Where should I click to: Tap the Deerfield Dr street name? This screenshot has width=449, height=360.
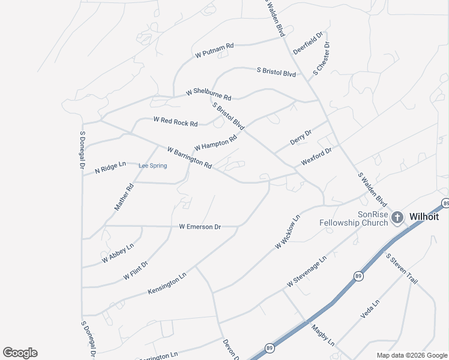tap(308, 43)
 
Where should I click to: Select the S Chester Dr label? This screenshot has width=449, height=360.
tap(321, 59)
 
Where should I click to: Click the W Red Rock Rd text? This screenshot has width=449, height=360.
tap(175, 121)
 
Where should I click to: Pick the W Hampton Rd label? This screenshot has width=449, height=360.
tap(215, 143)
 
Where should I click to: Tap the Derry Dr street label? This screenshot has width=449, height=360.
tap(301, 138)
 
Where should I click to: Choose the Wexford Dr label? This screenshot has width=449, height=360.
tap(316, 157)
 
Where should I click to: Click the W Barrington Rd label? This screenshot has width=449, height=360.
tap(189, 157)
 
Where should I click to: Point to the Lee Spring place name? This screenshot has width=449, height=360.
tap(152, 166)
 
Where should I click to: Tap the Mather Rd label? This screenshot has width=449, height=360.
tap(124, 197)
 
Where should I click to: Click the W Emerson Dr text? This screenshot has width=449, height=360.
tap(200, 226)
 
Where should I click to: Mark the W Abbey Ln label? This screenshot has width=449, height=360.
tap(118, 253)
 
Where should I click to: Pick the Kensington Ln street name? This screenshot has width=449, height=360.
tap(167, 283)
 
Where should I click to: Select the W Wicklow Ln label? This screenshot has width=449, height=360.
tap(287, 233)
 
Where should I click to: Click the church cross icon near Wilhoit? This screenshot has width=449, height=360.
tap(397, 217)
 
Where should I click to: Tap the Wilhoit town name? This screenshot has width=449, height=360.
tap(424, 217)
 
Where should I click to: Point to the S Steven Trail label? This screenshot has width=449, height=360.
tap(401, 268)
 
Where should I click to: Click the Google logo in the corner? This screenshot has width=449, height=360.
tap(20, 353)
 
